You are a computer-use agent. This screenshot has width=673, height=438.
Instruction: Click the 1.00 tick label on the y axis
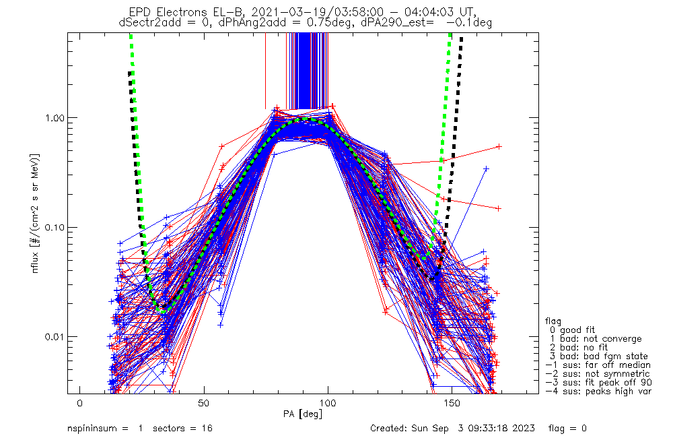pyautogui.click(x=55, y=117)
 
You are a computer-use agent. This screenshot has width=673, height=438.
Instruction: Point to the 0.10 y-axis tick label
pyautogui.click(x=55, y=227)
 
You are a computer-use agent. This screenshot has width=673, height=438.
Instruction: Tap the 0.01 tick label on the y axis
pyautogui.click(x=55, y=336)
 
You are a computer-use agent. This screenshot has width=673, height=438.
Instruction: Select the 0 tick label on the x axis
pyautogui.click(x=80, y=403)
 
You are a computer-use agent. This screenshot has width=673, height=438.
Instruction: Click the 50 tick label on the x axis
pyautogui.click(x=204, y=403)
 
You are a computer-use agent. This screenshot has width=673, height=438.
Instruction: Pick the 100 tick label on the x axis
pyautogui.click(x=328, y=403)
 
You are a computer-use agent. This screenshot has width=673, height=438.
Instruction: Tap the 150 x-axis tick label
pyautogui.click(x=452, y=403)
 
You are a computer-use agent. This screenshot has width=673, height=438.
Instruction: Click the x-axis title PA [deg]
pyautogui.click(x=303, y=414)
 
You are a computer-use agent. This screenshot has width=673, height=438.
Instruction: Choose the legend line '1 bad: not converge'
pyautogui.click(x=596, y=339)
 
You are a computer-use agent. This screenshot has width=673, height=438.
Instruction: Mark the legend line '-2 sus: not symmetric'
pyautogui.click(x=598, y=374)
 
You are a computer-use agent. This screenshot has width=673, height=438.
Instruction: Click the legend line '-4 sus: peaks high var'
pyautogui.click(x=598, y=392)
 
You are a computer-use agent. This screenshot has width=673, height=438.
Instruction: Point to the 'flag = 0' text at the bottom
pyautogui.click(x=567, y=428)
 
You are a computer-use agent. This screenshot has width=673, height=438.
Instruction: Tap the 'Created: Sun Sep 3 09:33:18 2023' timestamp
pyautogui.click(x=452, y=428)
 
